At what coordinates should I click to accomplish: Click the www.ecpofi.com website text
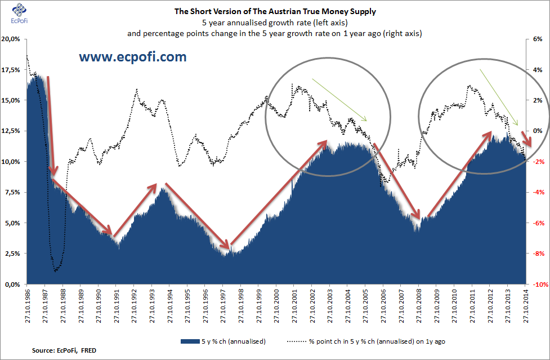pos(132,57)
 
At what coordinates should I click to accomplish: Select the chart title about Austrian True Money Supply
pos(274,11)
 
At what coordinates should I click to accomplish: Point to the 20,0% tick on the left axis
pos(12,39)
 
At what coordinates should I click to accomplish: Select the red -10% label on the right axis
pos(538,285)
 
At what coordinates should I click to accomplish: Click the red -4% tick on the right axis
pos(538,192)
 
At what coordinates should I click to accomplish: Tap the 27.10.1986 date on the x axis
pos(27,305)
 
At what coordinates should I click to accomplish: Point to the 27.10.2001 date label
pos(294,305)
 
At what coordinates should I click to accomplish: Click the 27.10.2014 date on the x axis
pos(526,305)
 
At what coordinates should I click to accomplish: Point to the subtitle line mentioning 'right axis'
pos(274,33)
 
